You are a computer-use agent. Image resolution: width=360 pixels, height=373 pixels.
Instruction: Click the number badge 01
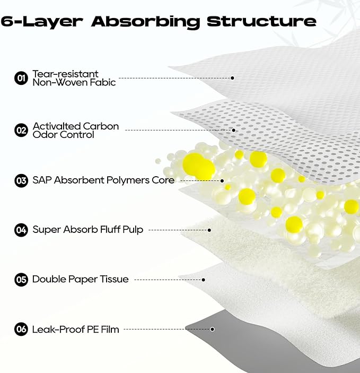[x=21, y=78]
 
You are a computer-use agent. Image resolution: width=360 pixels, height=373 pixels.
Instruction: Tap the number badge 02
[x=21, y=131]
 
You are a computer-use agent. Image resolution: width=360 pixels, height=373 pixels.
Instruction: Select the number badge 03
[x=21, y=180]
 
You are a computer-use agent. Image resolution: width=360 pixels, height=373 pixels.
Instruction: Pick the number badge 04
[x=21, y=230]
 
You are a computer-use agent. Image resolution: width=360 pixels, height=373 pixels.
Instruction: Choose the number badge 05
[x=21, y=280]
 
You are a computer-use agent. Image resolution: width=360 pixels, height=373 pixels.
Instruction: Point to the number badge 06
[x=21, y=329]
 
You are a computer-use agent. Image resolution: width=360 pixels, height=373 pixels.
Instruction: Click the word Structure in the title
[x=261, y=21]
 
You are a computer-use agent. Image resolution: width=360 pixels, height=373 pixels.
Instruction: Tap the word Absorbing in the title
[x=145, y=22]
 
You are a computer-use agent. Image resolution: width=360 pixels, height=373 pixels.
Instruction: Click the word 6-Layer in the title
[x=42, y=22]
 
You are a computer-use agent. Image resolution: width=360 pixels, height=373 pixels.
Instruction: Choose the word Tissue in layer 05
[x=114, y=279]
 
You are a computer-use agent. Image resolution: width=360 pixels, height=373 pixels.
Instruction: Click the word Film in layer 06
[x=110, y=329]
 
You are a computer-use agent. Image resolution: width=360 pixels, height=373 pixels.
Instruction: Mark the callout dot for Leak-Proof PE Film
[x=212, y=329]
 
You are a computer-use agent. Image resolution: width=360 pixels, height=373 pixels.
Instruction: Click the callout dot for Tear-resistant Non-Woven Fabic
[x=232, y=78]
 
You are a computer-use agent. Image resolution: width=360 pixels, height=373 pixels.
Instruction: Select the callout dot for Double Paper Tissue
[x=203, y=280]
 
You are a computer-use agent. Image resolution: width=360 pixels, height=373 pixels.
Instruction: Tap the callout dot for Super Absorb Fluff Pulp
[x=209, y=230]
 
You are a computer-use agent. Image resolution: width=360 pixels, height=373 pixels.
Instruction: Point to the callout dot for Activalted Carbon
[x=233, y=130]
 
